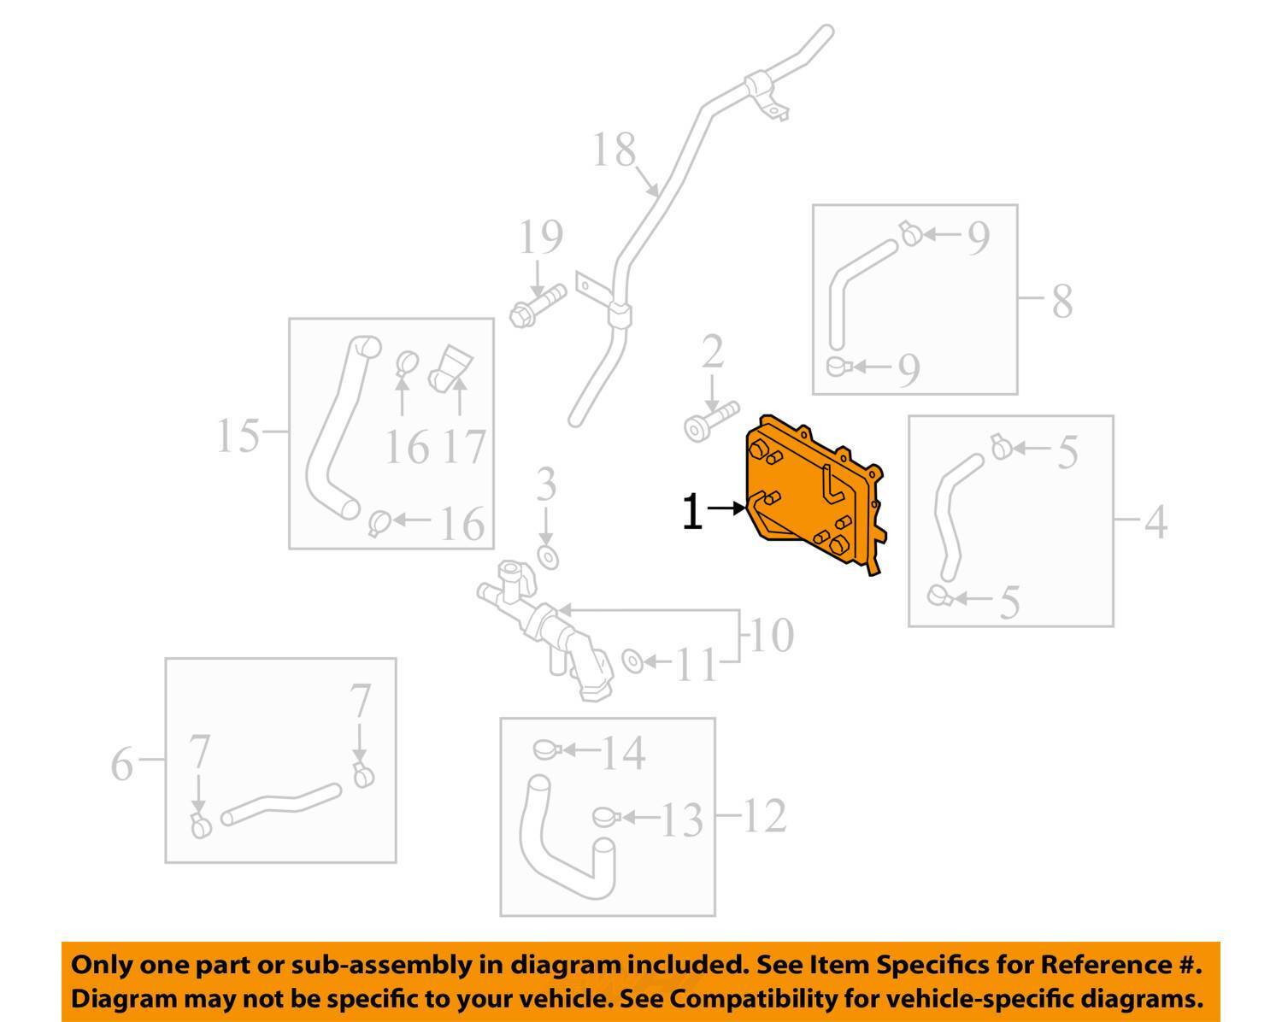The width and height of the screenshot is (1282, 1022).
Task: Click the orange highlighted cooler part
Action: pyautogui.click(x=813, y=493)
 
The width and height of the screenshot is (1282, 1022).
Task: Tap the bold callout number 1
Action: pyautogui.click(x=691, y=512)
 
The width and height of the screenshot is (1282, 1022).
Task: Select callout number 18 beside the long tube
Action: pyautogui.click(x=615, y=150)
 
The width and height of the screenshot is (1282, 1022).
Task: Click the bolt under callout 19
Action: pyautogui.click(x=538, y=306)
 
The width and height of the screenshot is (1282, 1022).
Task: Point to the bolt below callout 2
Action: pyautogui.click(x=711, y=421)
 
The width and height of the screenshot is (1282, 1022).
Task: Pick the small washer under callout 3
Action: pyautogui.click(x=548, y=557)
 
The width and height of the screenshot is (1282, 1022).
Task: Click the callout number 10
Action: pyautogui.click(x=772, y=636)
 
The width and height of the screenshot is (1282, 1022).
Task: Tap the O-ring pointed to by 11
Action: pyautogui.click(x=632, y=661)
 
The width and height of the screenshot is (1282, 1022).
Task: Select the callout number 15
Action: pyautogui.click(x=238, y=435)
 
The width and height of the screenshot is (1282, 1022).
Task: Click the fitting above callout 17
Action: pyautogui.click(x=450, y=368)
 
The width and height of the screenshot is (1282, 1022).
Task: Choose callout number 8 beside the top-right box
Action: pyautogui.click(x=1062, y=302)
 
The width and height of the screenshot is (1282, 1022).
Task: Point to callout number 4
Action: pyautogui.click(x=1156, y=522)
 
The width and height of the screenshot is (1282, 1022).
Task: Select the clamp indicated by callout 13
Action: pyautogui.click(x=608, y=817)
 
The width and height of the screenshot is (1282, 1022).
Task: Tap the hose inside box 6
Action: pyautogui.click(x=280, y=803)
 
